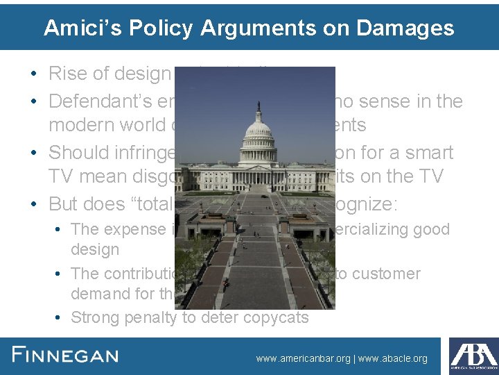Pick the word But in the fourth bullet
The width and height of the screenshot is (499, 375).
pos(63,203)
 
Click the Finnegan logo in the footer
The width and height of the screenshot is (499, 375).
pos(66,356)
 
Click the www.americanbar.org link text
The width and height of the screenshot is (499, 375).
pos(303,359)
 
